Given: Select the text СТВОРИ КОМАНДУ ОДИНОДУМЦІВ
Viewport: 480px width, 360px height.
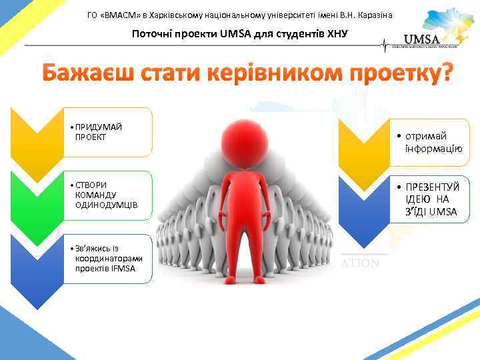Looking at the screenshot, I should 106,194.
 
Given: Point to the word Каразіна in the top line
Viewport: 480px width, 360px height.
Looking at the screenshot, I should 373,15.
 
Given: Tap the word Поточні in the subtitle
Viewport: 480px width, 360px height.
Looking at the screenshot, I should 152,34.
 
